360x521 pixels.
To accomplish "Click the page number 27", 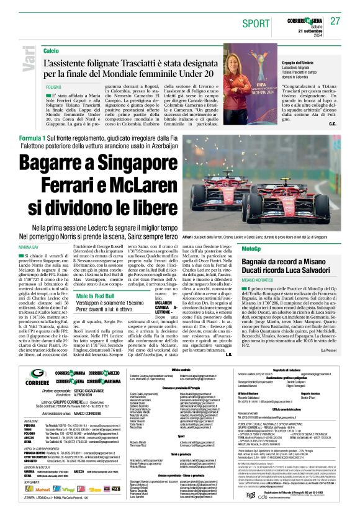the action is (x=336, y=21).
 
